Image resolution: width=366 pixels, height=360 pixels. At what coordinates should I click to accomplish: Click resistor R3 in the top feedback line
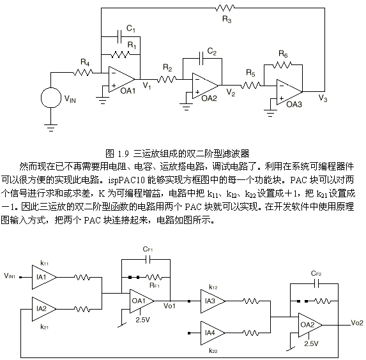pos(225,8)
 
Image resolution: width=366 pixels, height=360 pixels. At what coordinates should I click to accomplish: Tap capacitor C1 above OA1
pos(119,36)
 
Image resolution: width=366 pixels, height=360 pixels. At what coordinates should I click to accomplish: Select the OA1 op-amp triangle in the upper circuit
pos(121,79)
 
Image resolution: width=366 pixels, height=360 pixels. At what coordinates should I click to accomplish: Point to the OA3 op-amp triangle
pos(289,92)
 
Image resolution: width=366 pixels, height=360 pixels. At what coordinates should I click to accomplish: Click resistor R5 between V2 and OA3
pos(250,86)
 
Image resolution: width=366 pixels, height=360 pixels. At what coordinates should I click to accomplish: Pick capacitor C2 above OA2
pos(201,58)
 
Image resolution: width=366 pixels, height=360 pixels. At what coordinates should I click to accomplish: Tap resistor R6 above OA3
pos(282,64)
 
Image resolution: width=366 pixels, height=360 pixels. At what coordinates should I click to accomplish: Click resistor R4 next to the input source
pos(83,73)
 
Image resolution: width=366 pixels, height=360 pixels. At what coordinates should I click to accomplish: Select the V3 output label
pos(323,98)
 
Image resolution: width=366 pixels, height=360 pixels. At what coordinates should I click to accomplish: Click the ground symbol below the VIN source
pos(51,128)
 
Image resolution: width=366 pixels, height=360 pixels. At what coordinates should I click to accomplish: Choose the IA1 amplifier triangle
pos(44,277)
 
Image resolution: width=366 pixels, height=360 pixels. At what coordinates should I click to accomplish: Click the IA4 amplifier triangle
pos(213,333)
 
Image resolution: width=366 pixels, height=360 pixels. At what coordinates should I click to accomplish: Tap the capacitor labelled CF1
pos(148,259)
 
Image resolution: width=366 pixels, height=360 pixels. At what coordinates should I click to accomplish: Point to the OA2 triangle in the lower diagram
pos(310,325)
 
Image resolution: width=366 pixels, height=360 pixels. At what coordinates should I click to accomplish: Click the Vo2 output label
pos(357,323)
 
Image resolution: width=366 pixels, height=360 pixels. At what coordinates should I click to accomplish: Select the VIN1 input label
pos(10,276)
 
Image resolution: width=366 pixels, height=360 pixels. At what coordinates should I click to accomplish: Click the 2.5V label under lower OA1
pos(142,320)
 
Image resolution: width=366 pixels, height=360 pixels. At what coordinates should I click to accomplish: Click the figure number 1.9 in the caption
pos(123,154)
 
